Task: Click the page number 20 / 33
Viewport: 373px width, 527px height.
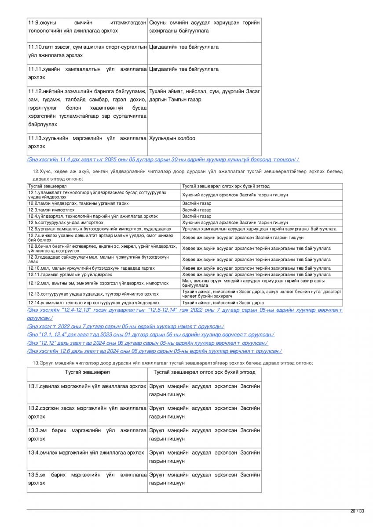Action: pos(357,511)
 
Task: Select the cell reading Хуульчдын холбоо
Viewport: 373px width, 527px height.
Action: pos(172,138)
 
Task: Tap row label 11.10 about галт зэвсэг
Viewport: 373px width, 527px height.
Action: pos(87,51)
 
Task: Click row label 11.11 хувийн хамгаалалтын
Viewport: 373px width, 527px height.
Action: pos(87,73)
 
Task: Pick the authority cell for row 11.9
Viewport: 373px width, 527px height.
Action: pos(204,26)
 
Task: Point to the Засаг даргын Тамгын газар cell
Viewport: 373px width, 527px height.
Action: pos(204,95)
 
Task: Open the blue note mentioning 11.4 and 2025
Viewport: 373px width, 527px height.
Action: pos(163,159)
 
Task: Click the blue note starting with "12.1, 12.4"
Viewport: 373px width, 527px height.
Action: pos(150,335)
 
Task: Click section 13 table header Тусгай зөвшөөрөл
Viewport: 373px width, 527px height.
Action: pos(88,372)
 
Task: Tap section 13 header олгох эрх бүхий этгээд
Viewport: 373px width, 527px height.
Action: pos(204,372)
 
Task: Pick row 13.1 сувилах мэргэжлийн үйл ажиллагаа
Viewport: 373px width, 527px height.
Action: pos(87,386)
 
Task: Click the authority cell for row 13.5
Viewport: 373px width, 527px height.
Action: pos(204,479)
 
